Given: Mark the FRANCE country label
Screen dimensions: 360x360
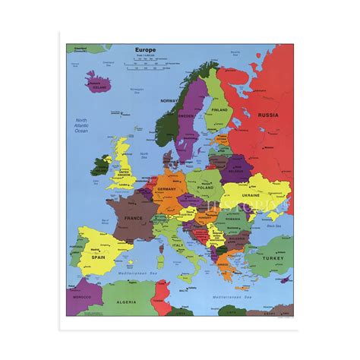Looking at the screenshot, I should (x=133, y=218).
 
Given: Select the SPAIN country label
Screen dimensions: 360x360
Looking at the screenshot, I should (x=99, y=257).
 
